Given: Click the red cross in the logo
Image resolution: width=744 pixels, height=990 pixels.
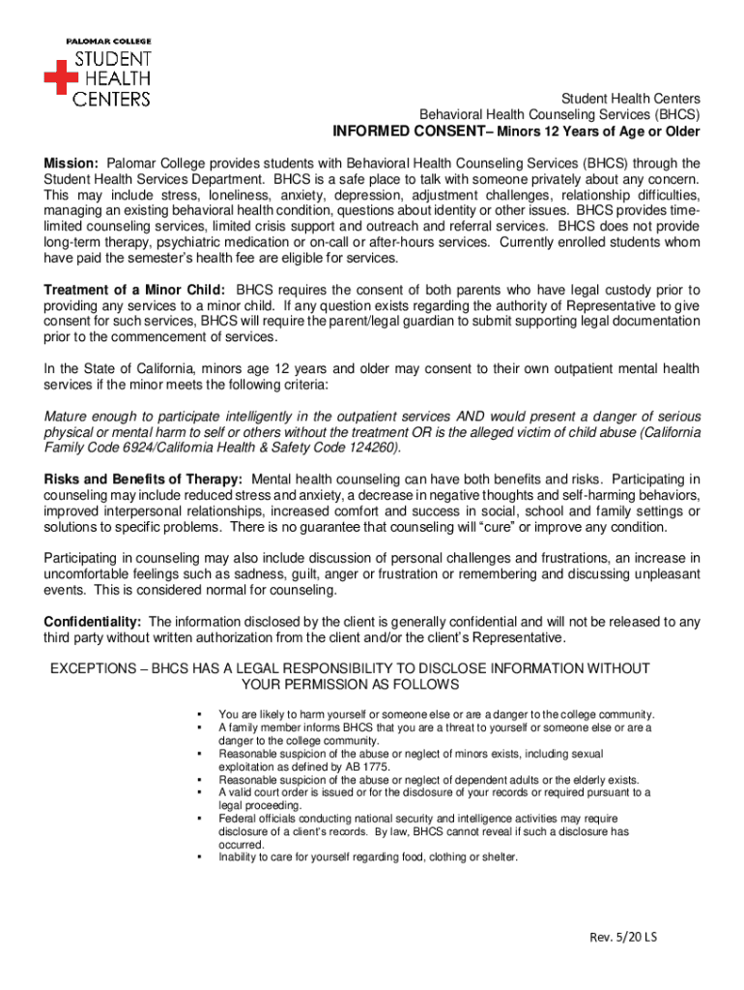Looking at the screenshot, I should click(61, 76).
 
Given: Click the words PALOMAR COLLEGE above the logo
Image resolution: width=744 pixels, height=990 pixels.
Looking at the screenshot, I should click(108, 42).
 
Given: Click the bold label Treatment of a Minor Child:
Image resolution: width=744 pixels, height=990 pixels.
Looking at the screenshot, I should click(135, 289).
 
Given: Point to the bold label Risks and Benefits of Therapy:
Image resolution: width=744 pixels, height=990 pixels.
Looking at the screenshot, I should click(144, 480).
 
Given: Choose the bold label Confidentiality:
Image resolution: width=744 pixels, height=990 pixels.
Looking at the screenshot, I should click(94, 622).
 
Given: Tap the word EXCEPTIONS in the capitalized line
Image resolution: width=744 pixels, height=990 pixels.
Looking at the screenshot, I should click(93, 668).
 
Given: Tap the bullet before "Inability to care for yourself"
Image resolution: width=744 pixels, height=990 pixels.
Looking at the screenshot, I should click(198, 857).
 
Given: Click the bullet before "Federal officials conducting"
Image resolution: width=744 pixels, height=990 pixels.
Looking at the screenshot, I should click(198, 818).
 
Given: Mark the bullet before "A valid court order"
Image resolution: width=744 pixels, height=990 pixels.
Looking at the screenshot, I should click(198, 792).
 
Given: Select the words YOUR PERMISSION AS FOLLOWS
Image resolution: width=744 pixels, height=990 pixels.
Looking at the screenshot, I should click(350, 684).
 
